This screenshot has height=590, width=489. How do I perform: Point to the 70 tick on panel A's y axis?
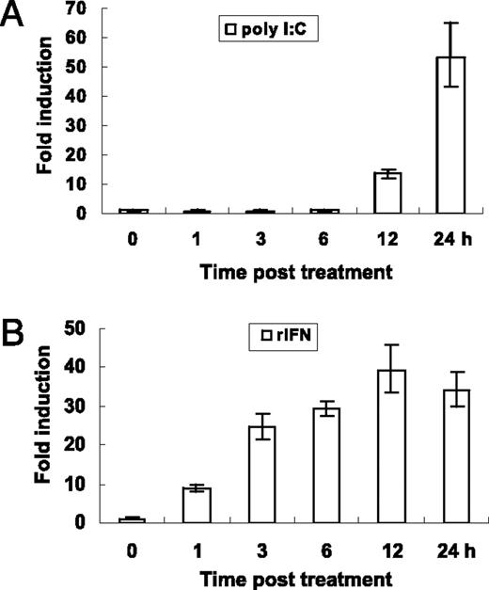coord(82,9)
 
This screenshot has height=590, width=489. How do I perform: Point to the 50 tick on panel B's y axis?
coord(82,328)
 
